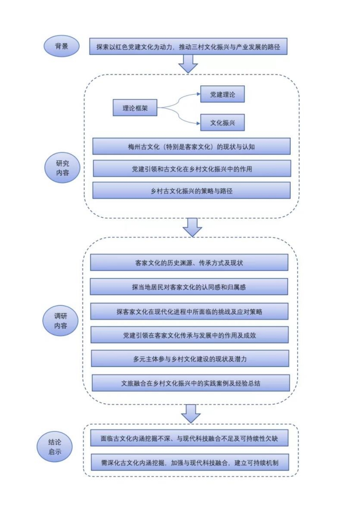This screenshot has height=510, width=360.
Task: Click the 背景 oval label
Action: click(x=62, y=46)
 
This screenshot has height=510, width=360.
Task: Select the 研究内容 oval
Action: click(x=62, y=168)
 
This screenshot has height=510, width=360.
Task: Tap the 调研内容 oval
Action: click(x=60, y=321)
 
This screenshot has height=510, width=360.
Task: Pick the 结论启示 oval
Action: click(x=55, y=446)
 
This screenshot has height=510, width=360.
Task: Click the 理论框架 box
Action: click(x=135, y=108)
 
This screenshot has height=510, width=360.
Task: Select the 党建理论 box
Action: click(x=222, y=94)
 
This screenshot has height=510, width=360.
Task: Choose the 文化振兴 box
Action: click(x=222, y=123)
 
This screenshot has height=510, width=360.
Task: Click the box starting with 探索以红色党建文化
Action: click(x=188, y=46)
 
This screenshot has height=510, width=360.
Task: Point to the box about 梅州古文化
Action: click(x=191, y=146)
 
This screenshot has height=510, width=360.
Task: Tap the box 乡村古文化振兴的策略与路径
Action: click(x=191, y=191)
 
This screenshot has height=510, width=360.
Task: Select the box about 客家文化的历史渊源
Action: click(x=189, y=263)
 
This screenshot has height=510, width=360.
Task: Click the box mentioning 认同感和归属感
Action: click(x=189, y=287)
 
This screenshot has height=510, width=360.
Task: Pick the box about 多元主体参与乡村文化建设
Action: click(x=190, y=359)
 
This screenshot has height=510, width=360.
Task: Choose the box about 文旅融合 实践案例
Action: click(x=190, y=383)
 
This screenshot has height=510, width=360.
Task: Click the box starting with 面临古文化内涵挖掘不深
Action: click(x=189, y=438)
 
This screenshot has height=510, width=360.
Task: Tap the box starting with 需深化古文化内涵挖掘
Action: click(x=190, y=462)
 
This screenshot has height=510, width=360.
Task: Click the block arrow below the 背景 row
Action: click(x=188, y=64)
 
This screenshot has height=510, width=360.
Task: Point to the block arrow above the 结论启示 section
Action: click(x=191, y=413)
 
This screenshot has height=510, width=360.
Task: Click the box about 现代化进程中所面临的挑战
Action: click(x=189, y=311)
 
